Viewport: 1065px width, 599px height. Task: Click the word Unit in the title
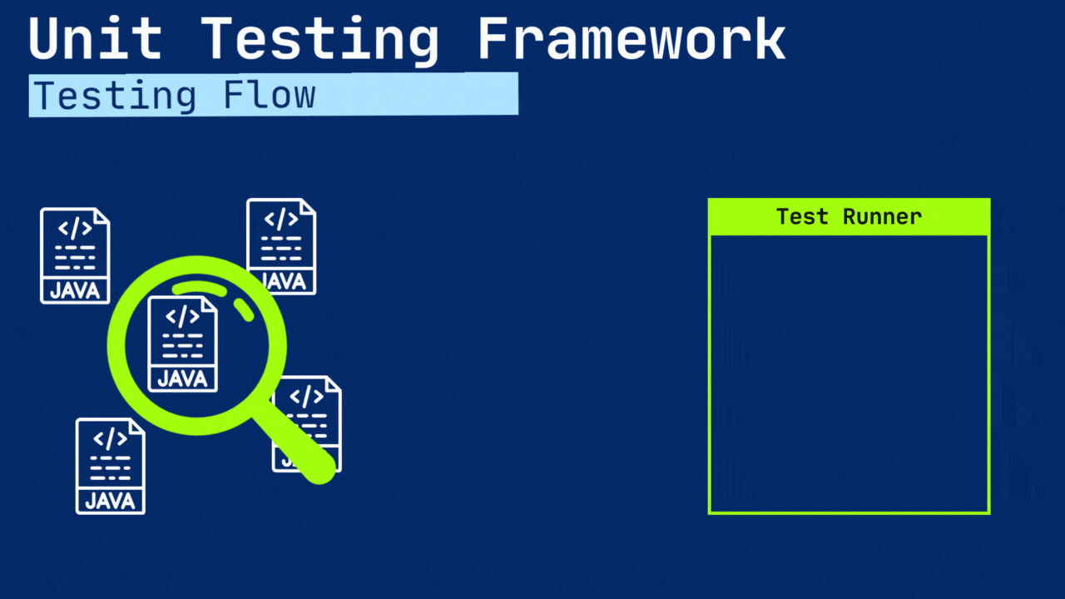(95, 39)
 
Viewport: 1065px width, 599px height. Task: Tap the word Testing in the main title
(319, 39)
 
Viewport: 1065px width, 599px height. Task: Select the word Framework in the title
(632, 39)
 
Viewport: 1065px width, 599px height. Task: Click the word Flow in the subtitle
(270, 96)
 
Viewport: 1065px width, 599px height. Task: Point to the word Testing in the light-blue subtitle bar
(115, 96)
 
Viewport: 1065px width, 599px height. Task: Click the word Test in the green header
(802, 217)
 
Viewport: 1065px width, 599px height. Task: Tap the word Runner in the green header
(882, 217)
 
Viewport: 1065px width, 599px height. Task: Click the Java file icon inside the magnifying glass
(182, 344)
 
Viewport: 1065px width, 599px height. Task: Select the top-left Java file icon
(75, 255)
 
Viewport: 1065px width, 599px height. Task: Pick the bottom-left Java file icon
(110, 466)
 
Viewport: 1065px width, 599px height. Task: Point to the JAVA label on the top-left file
(75, 290)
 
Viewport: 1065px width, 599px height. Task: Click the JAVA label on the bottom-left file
(110, 501)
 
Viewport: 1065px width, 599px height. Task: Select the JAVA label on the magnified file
(182, 379)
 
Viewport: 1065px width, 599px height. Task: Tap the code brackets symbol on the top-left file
(75, 229)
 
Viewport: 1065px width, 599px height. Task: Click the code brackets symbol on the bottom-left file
(110, 438)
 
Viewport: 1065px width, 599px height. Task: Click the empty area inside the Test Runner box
(849, 374)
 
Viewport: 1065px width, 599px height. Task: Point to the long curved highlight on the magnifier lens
(200, 288)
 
